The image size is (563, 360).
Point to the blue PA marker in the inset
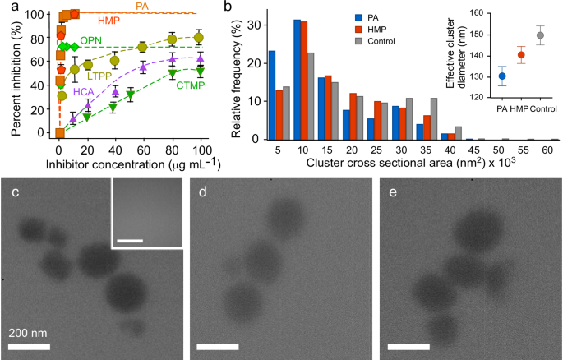pyautogui.click(x=501, y=76)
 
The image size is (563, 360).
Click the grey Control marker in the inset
pyautogui.click(x=539, y=35)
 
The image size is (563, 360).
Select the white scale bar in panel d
pyautogui.click(x=212, y=348)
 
